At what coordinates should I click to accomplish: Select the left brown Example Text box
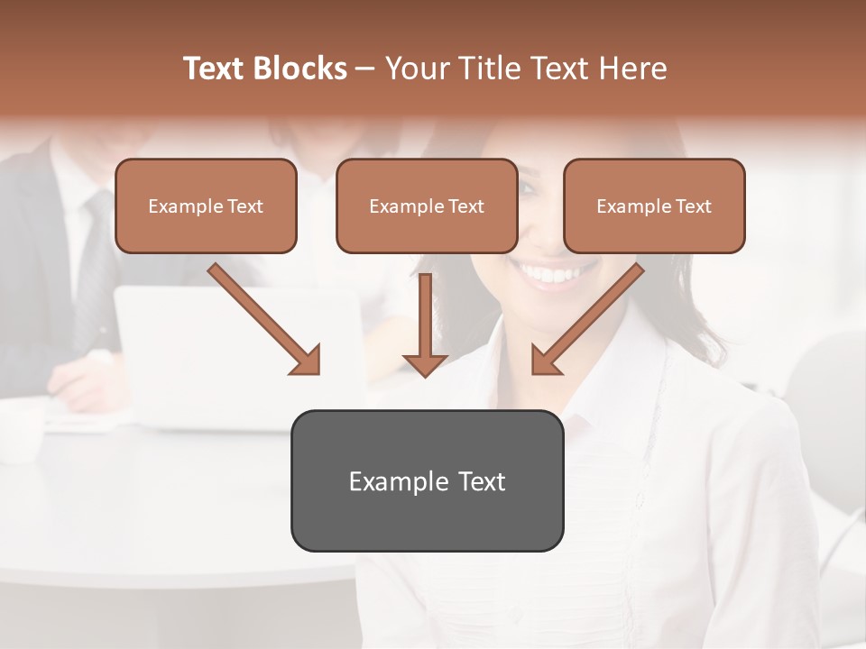click(206, 206)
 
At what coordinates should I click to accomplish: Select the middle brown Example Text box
click(427, 206)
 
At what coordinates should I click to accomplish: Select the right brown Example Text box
click(654, 206)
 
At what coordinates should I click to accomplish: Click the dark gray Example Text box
click(427, 480)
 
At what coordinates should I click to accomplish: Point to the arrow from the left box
click(264, 319)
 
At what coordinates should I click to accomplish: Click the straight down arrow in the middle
click(425, 324)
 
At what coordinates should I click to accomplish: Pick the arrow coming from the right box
click(587, 319)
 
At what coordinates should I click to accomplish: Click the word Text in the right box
click(693, 206)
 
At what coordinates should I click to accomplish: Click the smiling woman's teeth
click(550, 271)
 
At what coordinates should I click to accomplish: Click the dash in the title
click(365, 69)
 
